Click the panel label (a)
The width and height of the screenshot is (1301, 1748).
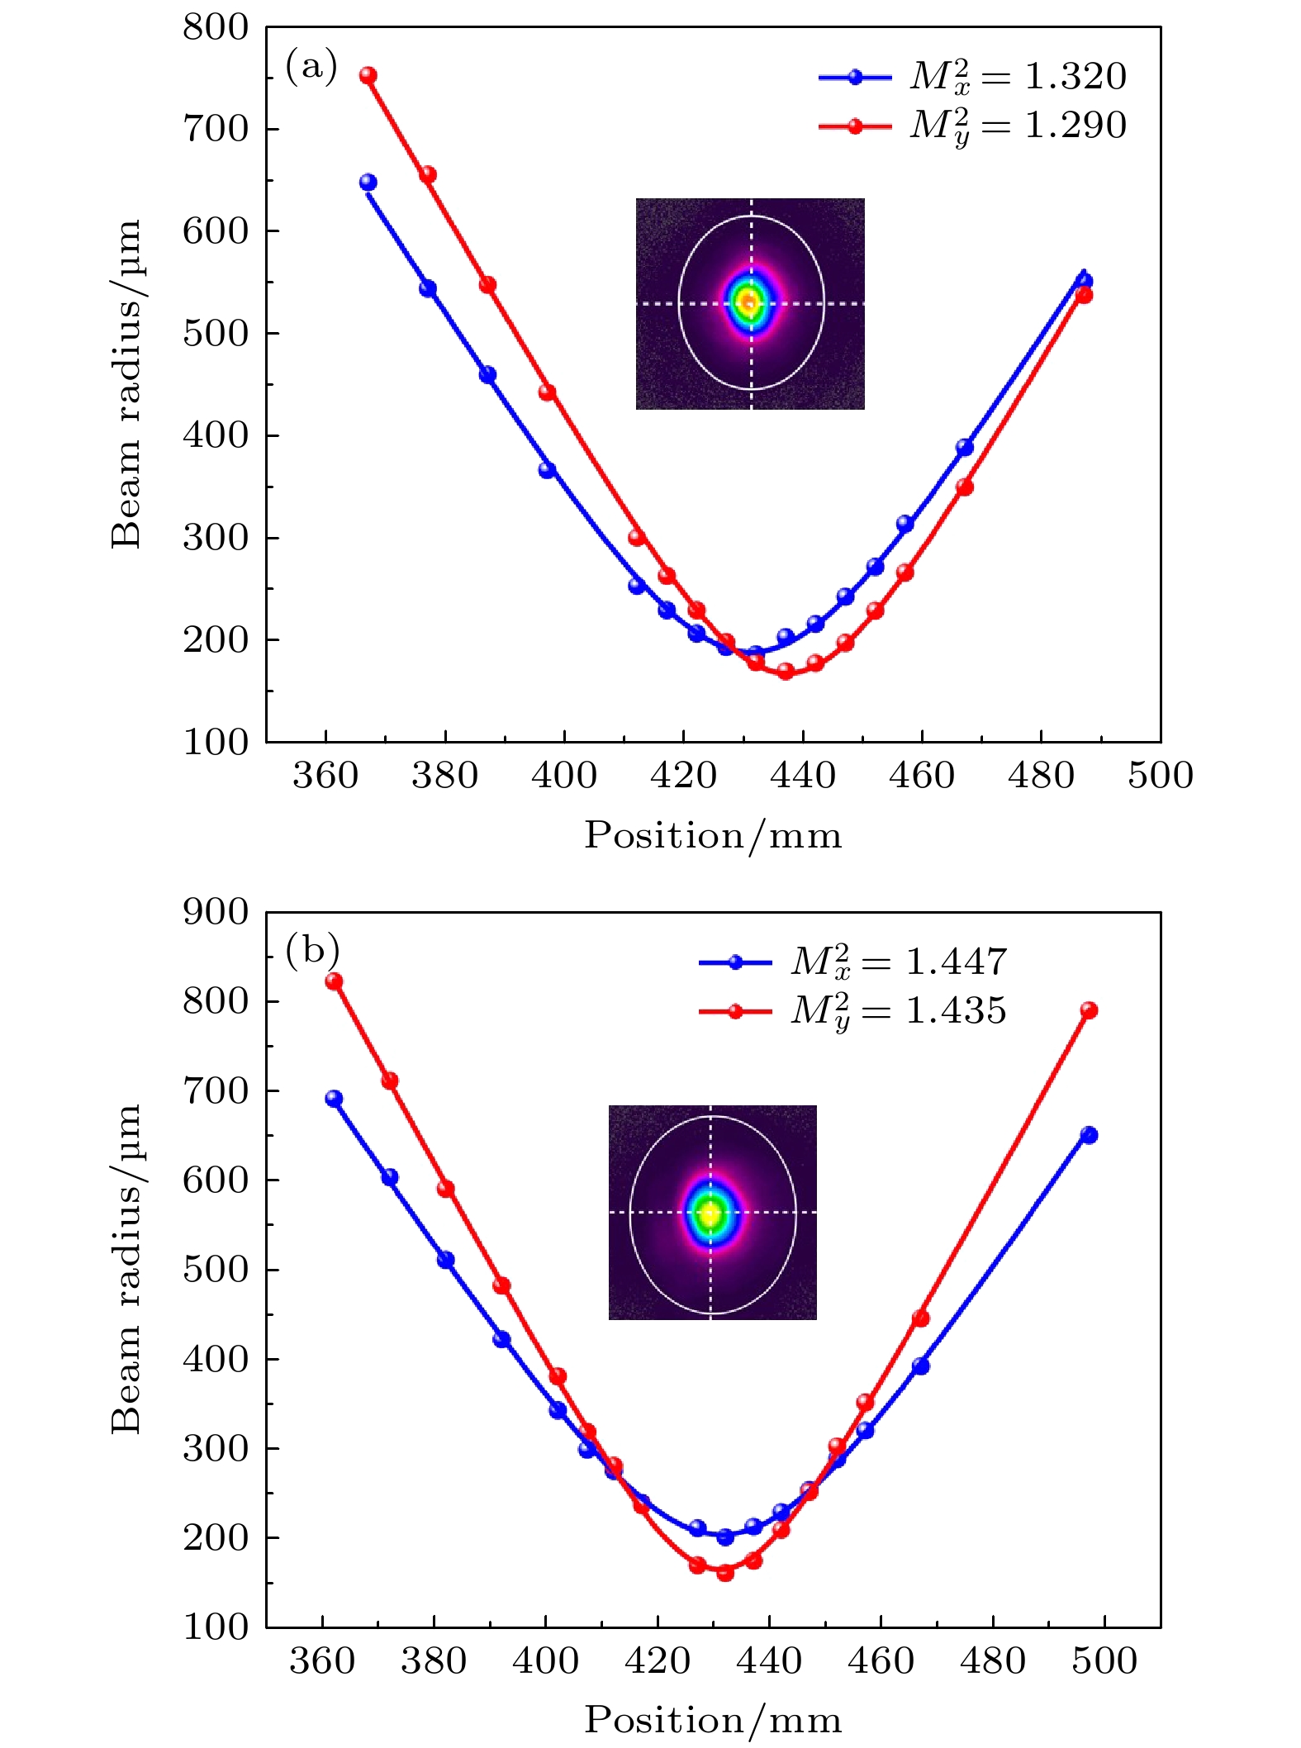click(x=311, y=66)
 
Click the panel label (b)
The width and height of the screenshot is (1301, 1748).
click(x=312, y=950)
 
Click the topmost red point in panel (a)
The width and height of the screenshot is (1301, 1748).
click(x=368, y=76)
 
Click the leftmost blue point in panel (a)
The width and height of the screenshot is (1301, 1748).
click(x=368, y=183)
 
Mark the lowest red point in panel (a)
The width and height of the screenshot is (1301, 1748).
click(x=786, y=672)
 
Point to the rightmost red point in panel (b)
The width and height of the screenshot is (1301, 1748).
click(x=1089, y=1010)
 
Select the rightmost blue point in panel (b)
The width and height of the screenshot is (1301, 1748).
click(x=1089, y=1135)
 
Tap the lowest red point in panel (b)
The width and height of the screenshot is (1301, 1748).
click(x=725, y=1573)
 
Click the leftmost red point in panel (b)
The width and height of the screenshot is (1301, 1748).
click(x=334, y=981)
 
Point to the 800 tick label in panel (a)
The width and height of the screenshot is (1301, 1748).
click(x=216, y=27)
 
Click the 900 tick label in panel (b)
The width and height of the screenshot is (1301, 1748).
click(x=216, y=912)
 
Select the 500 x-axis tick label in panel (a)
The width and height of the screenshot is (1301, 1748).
click(x=1161, y=776)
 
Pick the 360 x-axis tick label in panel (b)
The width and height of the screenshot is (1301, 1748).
click(x=322, y=1660)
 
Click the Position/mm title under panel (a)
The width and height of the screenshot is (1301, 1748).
click(x=713, y=835)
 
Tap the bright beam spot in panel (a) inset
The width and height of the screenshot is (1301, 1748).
click(x=750, y=303)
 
